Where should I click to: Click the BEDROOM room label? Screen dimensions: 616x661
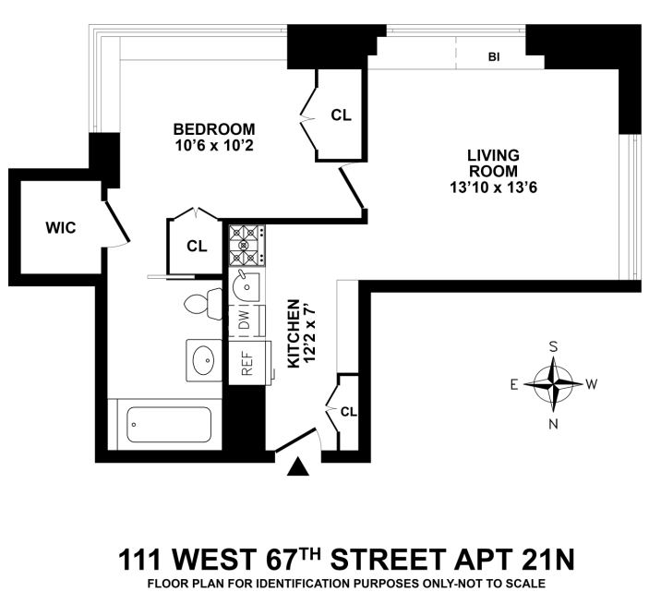click(x=213, y=128)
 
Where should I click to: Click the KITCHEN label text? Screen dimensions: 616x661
click(x=294, y=333)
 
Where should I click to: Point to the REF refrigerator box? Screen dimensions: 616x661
click(x=246, y=362)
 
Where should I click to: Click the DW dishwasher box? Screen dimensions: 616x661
click(x=245, y=320)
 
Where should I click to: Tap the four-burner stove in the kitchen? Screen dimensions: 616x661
click(x=246, y=246)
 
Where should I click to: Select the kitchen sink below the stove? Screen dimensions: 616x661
click(x=246, y=285)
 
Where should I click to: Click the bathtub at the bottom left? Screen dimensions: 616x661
click(x=167, y=424)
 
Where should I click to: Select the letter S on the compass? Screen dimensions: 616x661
click(x=554, y=346)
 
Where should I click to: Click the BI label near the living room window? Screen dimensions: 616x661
click(x=494, y=57)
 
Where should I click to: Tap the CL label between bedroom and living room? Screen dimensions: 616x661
click(x=342, y=115)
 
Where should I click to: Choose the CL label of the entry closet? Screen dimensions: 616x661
click(x=348, y=411)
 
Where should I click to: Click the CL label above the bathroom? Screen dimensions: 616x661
click(x=197, y=246)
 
